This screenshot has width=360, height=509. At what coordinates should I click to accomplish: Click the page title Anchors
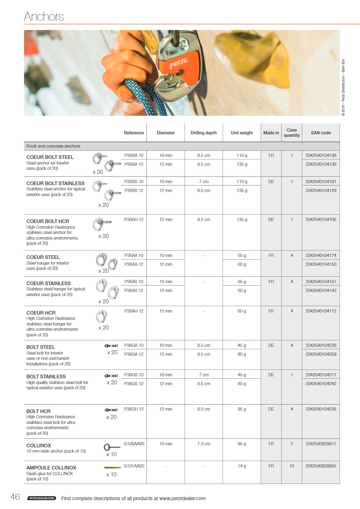pos(44,17)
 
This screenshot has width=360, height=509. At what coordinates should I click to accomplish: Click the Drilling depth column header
pos(203,133)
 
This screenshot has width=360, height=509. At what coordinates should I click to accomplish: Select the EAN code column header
pos(320,133)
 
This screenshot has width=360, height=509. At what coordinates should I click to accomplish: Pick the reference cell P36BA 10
pos(134,155)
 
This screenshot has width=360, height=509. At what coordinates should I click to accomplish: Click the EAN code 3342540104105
pos(321,220)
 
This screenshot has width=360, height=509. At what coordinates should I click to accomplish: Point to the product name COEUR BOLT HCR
pos(48,221)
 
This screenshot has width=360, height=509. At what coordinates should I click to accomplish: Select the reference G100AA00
pos(134,444)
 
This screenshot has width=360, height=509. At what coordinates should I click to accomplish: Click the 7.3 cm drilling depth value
pos(203,444)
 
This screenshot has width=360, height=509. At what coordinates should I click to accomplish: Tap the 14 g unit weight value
pos(242,466)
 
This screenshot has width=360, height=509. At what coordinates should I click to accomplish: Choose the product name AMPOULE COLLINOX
pos(51,468)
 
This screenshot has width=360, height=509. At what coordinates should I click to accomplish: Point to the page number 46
pos(15,497)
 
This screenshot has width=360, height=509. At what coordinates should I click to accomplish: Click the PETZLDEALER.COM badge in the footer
pos(41,499)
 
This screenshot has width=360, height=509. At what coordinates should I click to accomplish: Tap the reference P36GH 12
pos(134,409)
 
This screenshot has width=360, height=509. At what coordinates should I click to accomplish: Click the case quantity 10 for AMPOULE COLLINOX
pos(291,466)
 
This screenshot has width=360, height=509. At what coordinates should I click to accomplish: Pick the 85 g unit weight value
pos(242,409)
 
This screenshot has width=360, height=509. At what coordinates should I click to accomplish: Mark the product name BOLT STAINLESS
pos(46,377)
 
